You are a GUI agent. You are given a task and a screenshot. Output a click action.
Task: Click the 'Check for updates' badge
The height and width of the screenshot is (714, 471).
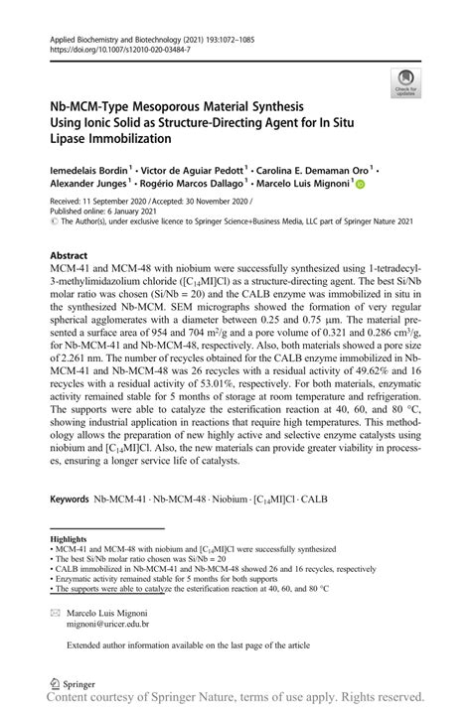(x=405, y=83)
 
